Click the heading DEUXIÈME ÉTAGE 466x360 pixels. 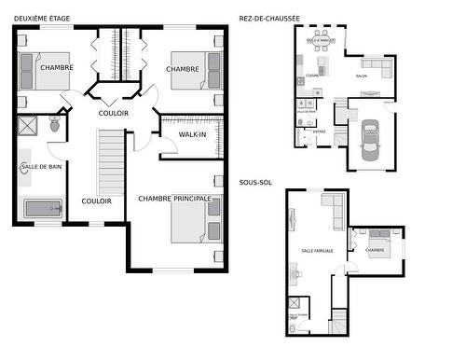[42, 17]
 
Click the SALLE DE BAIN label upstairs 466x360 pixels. [41, 166]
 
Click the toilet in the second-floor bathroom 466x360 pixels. [55, 122]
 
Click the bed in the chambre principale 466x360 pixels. [197, 219]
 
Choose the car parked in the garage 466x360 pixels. [370, 139]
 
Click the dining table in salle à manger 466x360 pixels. [322, 41]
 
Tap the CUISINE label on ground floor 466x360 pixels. [313, 75]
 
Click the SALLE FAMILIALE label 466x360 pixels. [319, 251]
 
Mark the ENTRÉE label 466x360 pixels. [319, 132]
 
